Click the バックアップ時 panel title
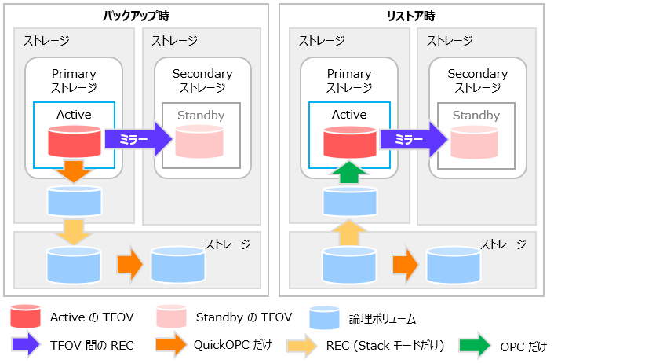point(136,16)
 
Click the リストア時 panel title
point(411,16)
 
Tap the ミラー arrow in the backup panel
point(138,139)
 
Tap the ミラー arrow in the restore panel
point(414,139)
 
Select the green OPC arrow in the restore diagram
point(349,172)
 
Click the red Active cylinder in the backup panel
point(75,141)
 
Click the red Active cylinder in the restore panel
point(350,142)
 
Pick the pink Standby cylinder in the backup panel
point(199,141)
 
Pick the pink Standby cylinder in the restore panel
point(474,142)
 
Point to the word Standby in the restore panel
point(476,115)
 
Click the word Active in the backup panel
point(74,115)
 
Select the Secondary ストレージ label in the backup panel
point(202,80)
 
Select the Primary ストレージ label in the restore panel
point(349,80)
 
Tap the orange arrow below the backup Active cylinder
point(74,171)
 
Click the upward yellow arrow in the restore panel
point(349,233)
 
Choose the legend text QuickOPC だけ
point(233,345)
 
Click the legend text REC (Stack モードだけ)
point(385,345)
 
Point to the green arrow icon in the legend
point(475,345)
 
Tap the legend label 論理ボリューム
point(382,319)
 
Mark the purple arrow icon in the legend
point(26,343)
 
